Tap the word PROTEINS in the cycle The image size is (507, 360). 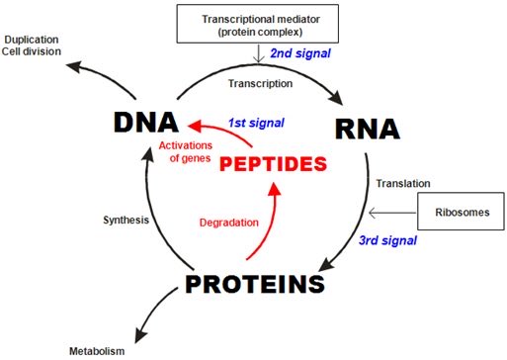[x=255, y=285]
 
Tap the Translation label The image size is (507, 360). [x=397, y=182]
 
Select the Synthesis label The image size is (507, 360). [x=125, y=219]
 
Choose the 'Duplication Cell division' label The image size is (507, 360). [x=32, y=45]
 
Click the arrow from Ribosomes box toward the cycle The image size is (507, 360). [x=390, y=211]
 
